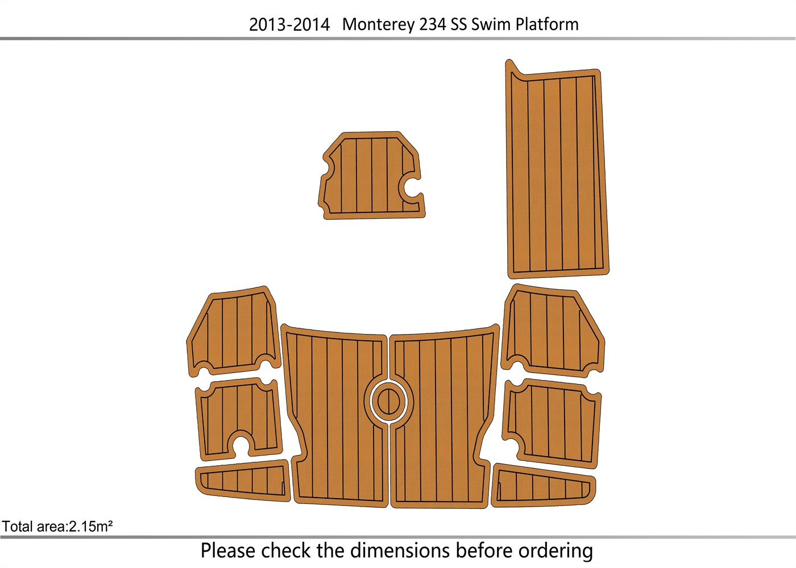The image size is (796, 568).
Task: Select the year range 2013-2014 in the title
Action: [x=289, y=24]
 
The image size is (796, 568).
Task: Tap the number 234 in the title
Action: [x=432, y=24]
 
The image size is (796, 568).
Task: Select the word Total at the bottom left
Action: [x=17, y=527]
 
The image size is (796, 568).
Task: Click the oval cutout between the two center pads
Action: [x=388, y=402]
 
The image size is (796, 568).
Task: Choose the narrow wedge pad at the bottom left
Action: [x=243, y=482]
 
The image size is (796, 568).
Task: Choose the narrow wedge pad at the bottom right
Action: [x=543, y=486]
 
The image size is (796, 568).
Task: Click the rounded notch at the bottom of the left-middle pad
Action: [x=241, y=443]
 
